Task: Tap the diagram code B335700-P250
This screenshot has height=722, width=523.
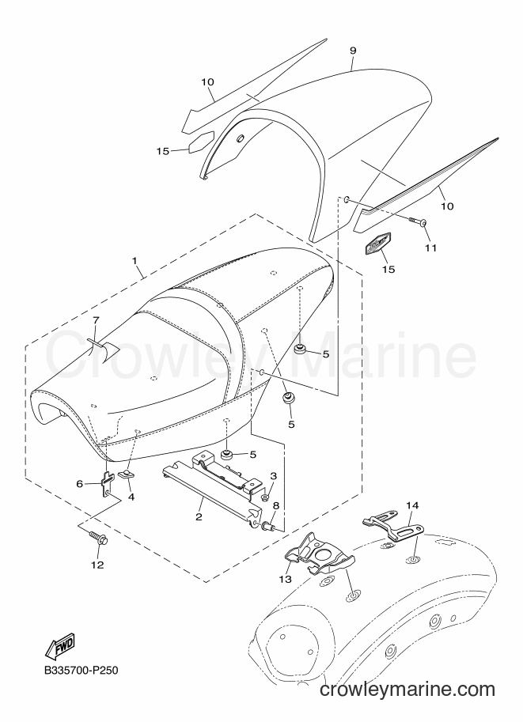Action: (81, 670)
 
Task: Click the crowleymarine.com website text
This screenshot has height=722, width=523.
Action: (407, 690)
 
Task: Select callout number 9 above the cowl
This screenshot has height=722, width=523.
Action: (353, 51)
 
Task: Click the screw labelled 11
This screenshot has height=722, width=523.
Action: (416, 221)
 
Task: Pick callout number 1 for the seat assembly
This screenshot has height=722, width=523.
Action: (135, 261)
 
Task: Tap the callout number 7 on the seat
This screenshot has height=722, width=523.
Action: (96, 319)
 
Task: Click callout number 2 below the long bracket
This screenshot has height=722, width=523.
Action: (199, 516)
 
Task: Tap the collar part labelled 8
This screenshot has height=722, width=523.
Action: (268, 525)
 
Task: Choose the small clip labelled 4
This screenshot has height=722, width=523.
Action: (126, 474)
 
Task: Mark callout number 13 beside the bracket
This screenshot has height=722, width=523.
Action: (285, 579)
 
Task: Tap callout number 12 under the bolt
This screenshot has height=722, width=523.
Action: (97, 565)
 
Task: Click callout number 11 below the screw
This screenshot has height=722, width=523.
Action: (430, 248)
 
